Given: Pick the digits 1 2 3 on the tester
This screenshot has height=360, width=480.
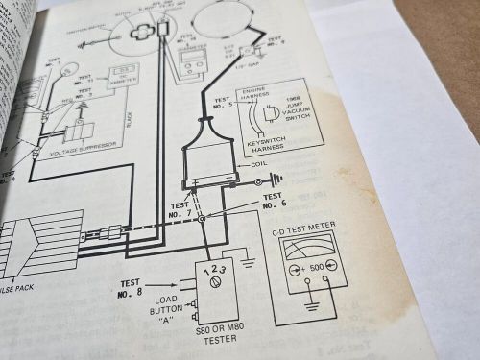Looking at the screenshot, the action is [x=216, y=268].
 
